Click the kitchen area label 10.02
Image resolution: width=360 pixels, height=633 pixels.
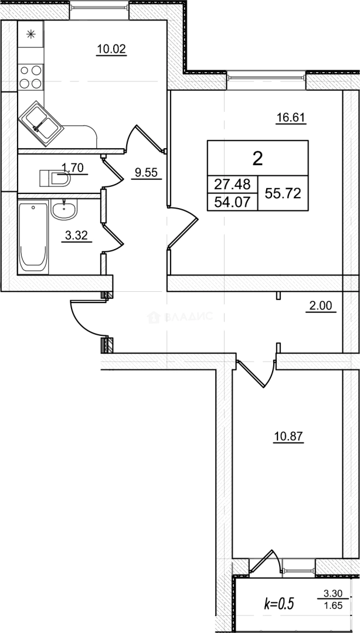(111, 49)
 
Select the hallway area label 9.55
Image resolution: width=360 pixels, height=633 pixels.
(146, 173)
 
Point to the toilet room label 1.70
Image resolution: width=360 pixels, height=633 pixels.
(74, 168)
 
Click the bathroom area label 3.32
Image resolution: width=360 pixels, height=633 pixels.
(76, 236)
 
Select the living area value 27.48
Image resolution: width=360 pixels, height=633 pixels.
(232, 184)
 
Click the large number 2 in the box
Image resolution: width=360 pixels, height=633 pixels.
(257, 158)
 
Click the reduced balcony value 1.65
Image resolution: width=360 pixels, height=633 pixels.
(333, 607)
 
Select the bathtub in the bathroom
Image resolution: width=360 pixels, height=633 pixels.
(33, 237)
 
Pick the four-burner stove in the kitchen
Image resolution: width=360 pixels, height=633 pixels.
(30, 76)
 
